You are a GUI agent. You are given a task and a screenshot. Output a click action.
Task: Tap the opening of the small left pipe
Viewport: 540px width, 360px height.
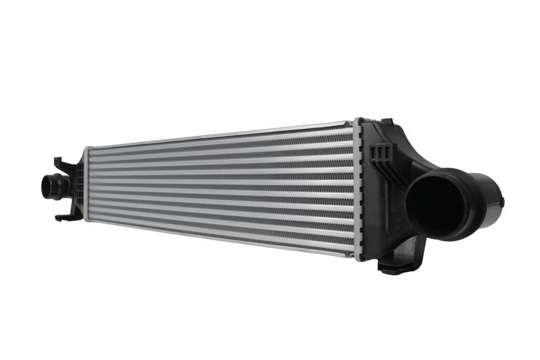coord(48,186)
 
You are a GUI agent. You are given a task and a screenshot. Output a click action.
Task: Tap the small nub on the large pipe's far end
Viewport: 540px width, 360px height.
coord(502,201)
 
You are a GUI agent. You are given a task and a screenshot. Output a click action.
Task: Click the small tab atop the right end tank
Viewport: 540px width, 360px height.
coord(387,122)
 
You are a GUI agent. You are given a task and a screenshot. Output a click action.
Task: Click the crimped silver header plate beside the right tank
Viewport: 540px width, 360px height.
coord(357,189)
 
